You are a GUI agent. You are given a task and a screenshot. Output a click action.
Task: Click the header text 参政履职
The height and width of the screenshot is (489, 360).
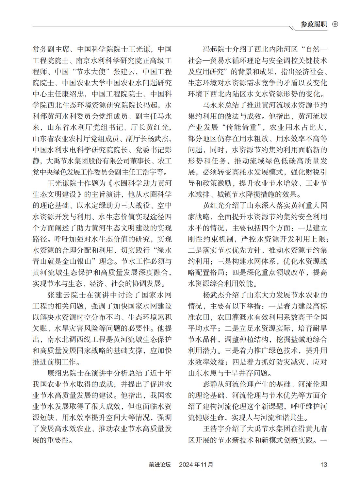coord(314,25)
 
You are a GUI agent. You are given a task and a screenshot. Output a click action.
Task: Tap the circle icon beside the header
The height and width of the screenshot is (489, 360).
coord(335,25)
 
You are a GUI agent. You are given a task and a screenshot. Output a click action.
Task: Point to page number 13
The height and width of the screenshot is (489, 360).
coord(324,464)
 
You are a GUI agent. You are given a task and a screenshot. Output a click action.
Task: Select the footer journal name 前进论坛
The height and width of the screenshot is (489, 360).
coord(159,464)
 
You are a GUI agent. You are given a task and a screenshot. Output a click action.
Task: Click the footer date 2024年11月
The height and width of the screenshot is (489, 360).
coord(196,464)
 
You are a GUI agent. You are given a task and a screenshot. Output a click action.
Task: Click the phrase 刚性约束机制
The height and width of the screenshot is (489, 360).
coord(210,240)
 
